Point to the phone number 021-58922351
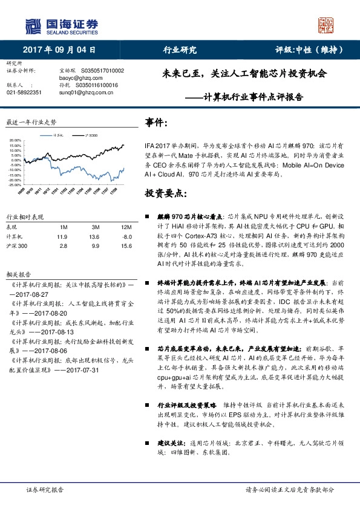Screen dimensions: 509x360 point(24,92)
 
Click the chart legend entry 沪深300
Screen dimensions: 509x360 point(90,135)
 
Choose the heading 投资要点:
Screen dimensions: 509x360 point(164,193)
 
